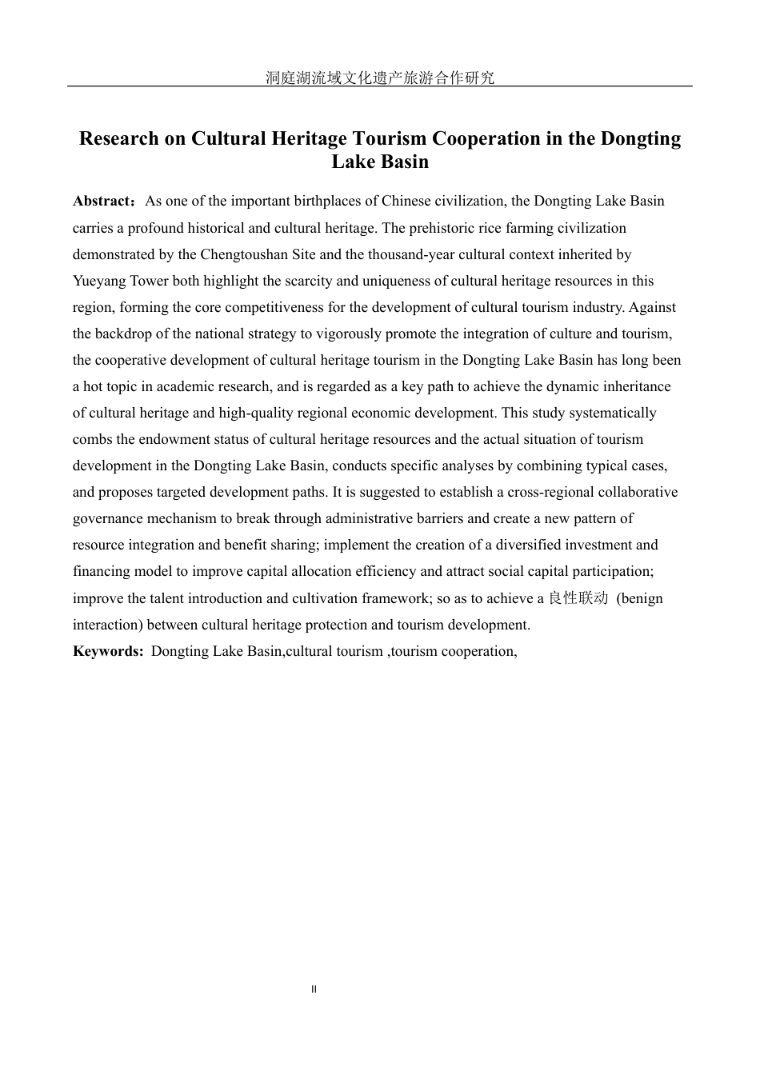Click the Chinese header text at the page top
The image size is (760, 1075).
(380, 78)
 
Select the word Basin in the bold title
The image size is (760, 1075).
(404, 162)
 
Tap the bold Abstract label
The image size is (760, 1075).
(102, 201)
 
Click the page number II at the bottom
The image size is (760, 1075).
(314, 989)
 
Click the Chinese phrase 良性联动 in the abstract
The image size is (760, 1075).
(578, 598)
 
